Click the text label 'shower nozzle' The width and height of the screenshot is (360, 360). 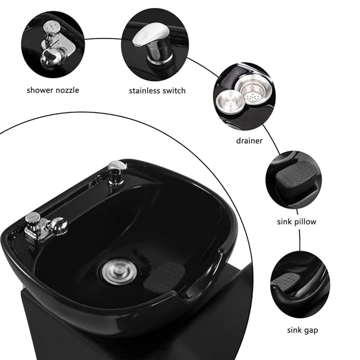tap(53, 90)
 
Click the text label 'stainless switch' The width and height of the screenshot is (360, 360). tap(157, 91)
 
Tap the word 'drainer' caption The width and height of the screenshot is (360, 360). tap(250, 141)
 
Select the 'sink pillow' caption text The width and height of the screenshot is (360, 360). tap(297, 222)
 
